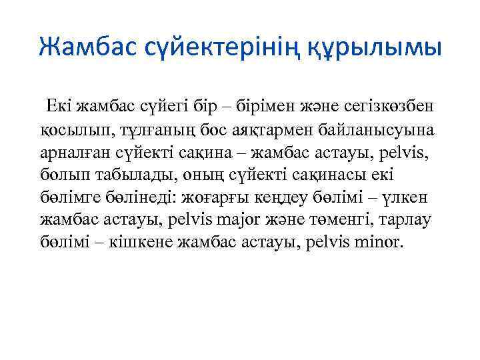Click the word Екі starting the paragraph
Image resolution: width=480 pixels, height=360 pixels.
coord(58,105)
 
